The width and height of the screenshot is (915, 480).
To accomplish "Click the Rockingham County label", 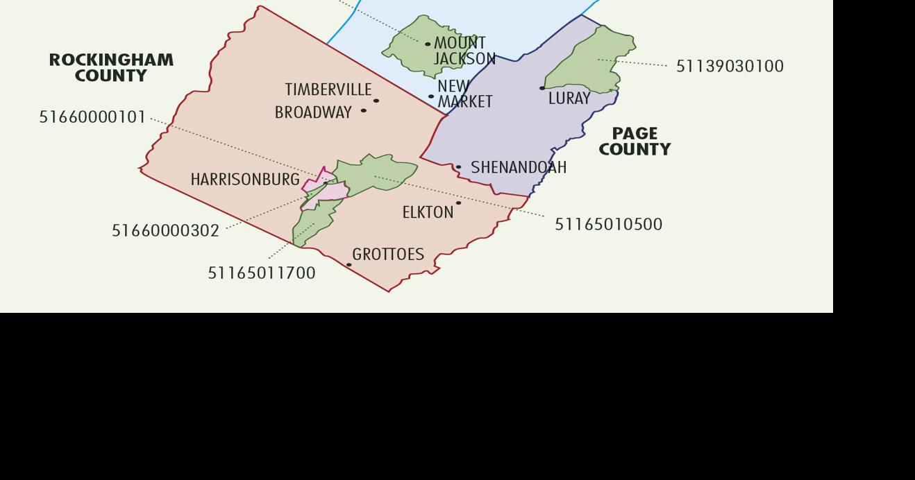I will pyautogui.click(x=111, y=68).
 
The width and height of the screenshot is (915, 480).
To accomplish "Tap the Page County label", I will pyautogui.click(x=635, y=142).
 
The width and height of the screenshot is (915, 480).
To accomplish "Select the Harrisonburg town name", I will pyautogui.click(x=245, y=180).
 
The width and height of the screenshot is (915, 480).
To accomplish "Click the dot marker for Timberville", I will pyautogui.click(x=376, y=101).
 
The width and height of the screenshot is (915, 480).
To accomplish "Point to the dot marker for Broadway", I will pyautogui.click(x=363, y=111).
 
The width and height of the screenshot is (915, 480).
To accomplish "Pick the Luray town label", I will pyautogui.click(x=569, y=98).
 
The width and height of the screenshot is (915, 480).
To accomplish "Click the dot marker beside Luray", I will pyautogui.click(x=542, y=88).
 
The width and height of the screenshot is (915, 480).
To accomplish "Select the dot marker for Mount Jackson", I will pyautogui.click(x=428, y=44).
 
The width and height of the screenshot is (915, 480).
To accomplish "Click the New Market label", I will pyautogui.click(x=464, y=94).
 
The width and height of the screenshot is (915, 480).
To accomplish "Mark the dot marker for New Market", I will pyautogui.click(x=431, y=97).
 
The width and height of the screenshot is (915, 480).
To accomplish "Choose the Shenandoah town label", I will pyautogui.click(x=519, y=168).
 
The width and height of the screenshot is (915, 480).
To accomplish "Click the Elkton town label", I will pyautogui.click(x=428, y=213).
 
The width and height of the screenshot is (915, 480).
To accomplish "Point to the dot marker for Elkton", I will pyautogui.click(x=458, y=203).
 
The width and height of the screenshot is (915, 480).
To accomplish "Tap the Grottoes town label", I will pyautogui.click(x=388, y=255).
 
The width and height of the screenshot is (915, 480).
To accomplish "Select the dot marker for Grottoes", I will pyautogui.click(x=349, y=265).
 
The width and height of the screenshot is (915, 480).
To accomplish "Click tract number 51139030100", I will pyautogui.click(x=730, y=67).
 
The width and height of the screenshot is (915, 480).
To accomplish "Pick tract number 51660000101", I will pyautogui.click(x=92, y=117).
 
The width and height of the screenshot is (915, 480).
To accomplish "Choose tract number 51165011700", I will pyautogui.click(x=262, y=273).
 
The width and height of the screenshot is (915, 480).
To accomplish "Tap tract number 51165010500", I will pyautogui.click(x=608, y=225).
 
